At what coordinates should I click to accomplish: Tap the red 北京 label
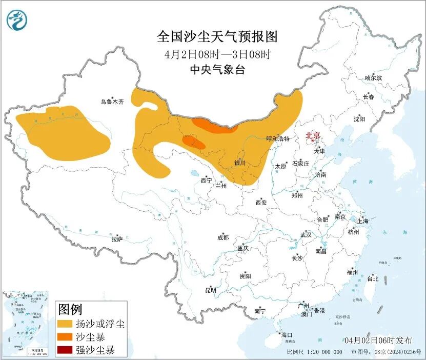pyautogui.click(x=313, y=136)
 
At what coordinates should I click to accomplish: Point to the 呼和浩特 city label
pyautogui.click(x=278, y=138)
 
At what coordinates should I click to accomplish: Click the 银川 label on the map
pyautogui.click(x=240, y=163)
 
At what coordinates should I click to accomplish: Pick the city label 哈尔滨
pyautogui.click(x=373, y=78)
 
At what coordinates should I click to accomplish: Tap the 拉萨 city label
pyautogui.click(x=117, y=238)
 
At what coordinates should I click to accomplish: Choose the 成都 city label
pyautogui.click(x=223, y=237)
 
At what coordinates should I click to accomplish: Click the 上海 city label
pyautogui.click(x=363, y=222)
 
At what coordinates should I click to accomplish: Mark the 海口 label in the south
pyautogui.click(x=287, y=335)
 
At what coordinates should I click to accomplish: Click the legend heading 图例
pyautogui.click(x=70, y=309)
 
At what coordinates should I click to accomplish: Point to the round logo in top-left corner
pyautogui.click(x=17, y=20)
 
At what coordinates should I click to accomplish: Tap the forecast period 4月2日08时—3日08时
pyautogui.click(x=217, y=54)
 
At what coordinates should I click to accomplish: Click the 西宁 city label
pyautogui.click(x=206, y=180)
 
